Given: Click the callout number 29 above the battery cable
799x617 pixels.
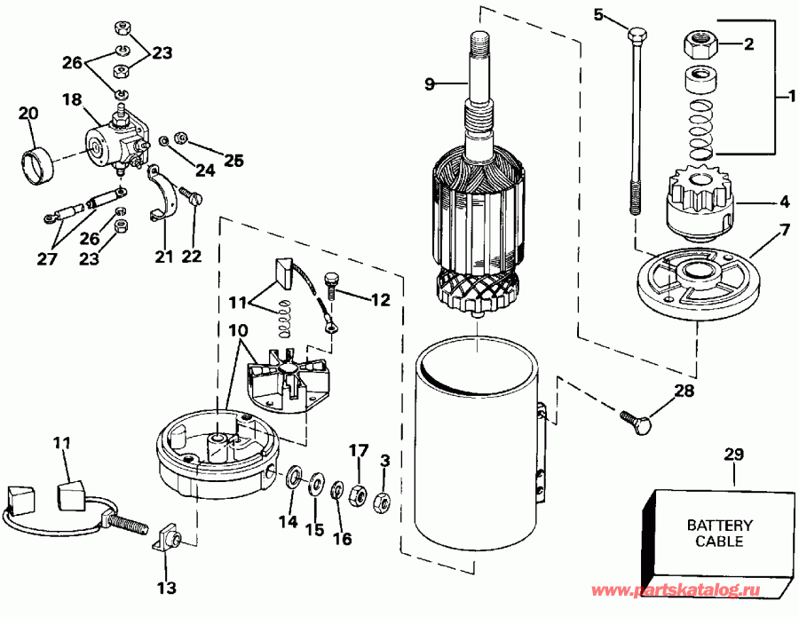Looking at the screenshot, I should click(734, 455).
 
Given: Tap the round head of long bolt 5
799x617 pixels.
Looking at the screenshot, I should click(636, 36).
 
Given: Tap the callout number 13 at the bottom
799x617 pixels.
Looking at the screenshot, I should click(166, 588).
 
